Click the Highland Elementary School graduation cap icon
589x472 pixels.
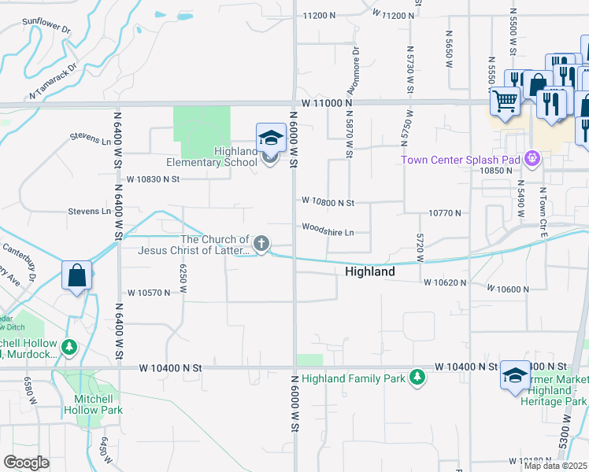(271, 138)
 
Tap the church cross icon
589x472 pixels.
(261, 242)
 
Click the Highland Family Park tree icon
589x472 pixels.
(417, 378)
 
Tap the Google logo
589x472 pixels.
(26, 462)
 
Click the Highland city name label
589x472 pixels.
(369, 271)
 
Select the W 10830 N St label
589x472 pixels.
(153, 179)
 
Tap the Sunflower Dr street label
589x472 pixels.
(46, 25)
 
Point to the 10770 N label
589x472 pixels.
(444, 212)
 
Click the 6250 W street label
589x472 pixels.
(183, 278)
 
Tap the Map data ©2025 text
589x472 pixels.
(556, 466)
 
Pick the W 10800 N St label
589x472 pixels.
(327, 202)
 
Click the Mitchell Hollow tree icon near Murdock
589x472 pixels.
(70, 346)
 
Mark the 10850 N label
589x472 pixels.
(497, 171)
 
